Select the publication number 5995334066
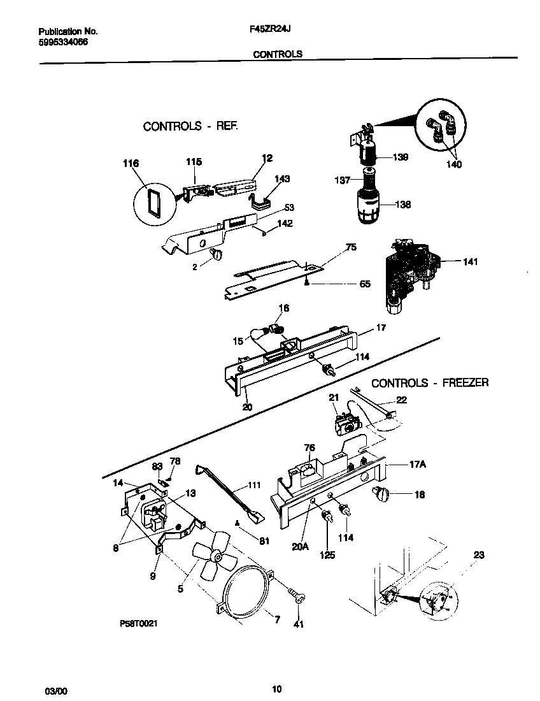63,41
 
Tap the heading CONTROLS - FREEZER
430,383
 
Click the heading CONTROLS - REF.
190,126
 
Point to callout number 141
470,261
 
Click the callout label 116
131,164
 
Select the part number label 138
402,205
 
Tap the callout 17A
416,465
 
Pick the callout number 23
478,555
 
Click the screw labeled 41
297,596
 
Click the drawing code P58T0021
138,624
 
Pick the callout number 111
254,486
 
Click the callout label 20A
301,546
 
